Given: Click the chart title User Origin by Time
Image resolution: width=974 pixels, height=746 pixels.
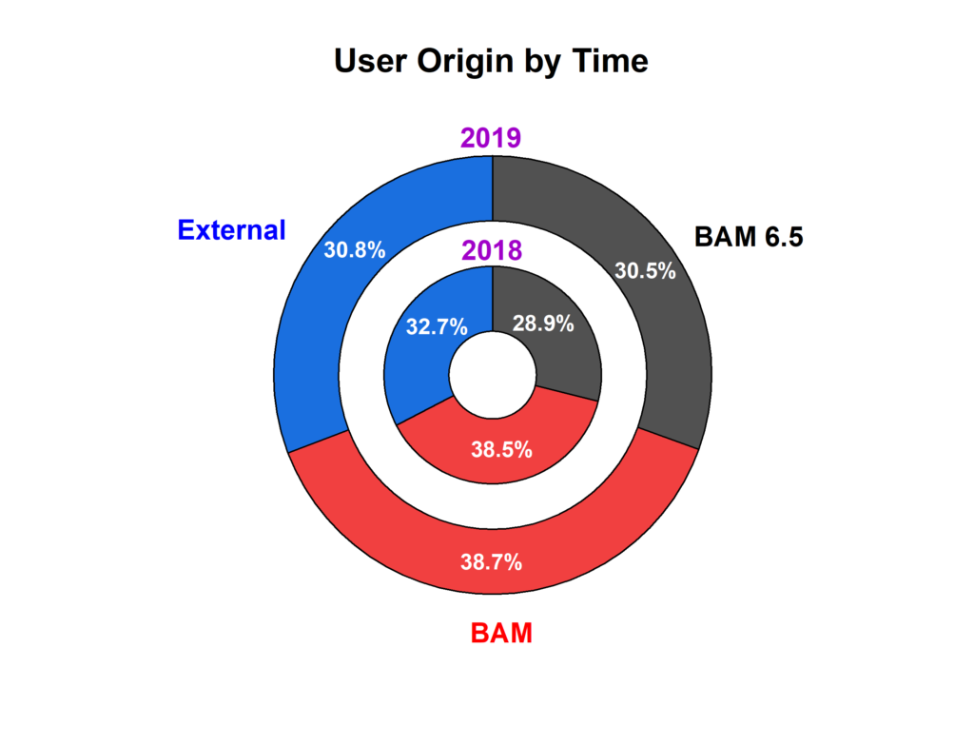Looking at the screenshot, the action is (491, 62).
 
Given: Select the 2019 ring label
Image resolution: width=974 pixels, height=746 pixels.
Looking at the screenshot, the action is (491, 137).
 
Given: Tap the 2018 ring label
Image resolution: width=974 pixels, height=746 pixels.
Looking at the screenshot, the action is (492, 250).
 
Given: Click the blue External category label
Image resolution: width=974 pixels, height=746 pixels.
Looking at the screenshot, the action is (232, 230).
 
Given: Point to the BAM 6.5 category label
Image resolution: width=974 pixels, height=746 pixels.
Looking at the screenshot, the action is (749, 237).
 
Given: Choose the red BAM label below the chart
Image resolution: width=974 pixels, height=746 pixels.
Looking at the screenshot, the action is (501, 633).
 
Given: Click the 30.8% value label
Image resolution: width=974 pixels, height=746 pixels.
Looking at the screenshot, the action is (355, 250).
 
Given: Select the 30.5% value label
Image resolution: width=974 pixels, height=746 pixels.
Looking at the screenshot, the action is (645, 270).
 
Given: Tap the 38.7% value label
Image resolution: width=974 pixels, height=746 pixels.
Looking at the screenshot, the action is (492, 562).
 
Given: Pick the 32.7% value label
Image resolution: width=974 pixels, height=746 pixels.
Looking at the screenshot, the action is (437, 326).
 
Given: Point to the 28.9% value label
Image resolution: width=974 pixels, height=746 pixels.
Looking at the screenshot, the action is (543, 324).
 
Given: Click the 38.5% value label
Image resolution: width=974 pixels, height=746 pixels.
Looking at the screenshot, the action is (502, 449).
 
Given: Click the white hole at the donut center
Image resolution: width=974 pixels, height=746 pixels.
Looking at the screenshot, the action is (493, 375).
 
